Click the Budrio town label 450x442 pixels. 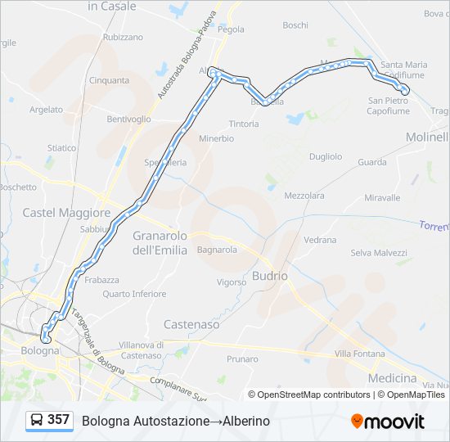pos(270,276)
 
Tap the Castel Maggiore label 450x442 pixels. pos(66,213)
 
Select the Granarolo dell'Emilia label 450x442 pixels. pos(160,242)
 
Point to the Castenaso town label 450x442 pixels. pos(191,324)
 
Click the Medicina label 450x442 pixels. pos(393,378)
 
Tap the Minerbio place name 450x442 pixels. pos(216,138)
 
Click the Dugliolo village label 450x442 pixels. pos(326,156)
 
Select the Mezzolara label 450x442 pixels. pos(304,196)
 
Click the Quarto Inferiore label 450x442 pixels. pos(134,294)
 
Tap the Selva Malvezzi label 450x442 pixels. pos(379,253)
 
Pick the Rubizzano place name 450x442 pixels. pos(123,37)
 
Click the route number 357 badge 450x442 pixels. pos(58,420)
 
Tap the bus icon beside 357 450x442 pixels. pos(37,421)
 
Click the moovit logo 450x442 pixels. pos(388,422)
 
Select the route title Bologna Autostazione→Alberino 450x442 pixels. pos(175,421)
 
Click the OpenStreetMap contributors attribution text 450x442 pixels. pos(313,395)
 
